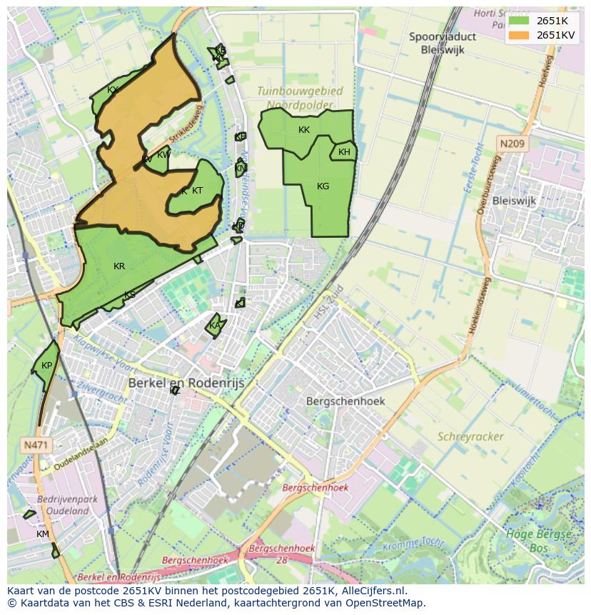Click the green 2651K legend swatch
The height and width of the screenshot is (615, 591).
519,21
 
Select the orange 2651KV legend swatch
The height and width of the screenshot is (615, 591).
519,35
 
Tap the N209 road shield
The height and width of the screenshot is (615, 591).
512,144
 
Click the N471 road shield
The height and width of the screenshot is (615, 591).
36,445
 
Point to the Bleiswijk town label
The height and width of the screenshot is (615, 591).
514,201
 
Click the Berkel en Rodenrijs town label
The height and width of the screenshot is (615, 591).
186,384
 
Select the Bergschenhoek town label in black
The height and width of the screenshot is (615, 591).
345,401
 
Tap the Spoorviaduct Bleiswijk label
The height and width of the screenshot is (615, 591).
443,42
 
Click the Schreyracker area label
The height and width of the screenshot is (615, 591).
470,436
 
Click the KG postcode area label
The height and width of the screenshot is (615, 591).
323,186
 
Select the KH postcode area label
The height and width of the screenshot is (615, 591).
344,152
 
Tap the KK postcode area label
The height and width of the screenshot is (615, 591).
304,130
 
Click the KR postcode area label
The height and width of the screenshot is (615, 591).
119,266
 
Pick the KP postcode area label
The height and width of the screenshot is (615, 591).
46,366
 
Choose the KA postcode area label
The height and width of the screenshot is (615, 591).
215,326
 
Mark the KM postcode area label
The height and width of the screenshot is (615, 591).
43,534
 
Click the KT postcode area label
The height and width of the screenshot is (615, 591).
198,191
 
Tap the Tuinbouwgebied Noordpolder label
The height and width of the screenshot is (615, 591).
300,98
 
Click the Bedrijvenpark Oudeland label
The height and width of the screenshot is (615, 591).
67,505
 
